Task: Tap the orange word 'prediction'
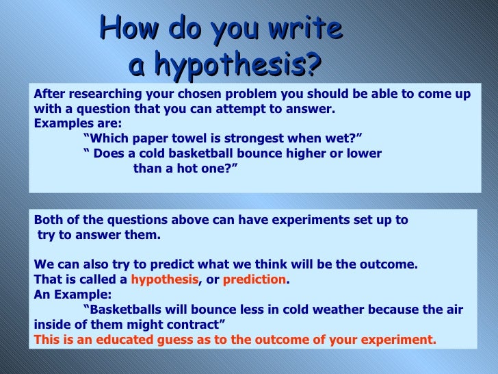[x=254, y=279]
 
